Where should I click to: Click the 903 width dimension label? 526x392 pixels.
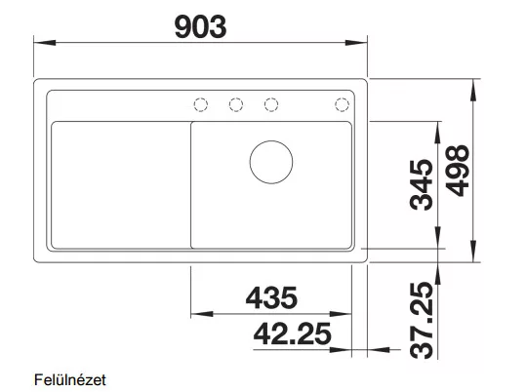click(201, 27)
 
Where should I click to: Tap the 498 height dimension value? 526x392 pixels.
click(458, 171)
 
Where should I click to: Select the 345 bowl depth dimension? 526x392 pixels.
click(422, 184)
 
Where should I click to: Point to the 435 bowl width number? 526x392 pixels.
click(271, 297)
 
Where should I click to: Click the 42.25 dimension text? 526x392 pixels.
click(292, 333)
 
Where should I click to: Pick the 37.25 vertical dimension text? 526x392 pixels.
click(422, 320)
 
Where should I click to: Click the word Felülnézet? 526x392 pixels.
click(70, 380)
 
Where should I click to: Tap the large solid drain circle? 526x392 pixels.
click(271, 162)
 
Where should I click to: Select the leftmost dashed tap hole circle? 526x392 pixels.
click(201, 104)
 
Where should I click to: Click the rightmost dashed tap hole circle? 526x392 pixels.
click(342, 104)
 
